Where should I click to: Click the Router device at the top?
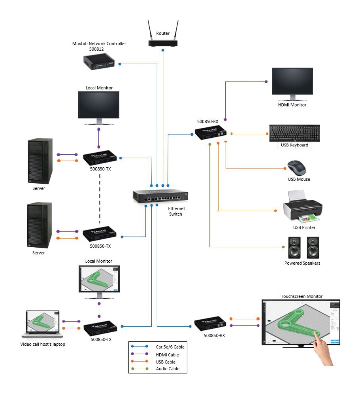pyautogui.click(x=162, y=42)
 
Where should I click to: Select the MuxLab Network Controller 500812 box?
pyautogui.click(x=99, y=63)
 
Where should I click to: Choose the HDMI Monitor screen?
pyautogui.click(x=292, y=81)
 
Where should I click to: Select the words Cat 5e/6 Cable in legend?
pyautogui.click(x=170, y=347)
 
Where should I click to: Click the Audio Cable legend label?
pyautogui.click(x=168, y=369)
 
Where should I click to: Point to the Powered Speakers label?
pyautogui.click(x=302, y=263)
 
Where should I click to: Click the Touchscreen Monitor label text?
pyautogui.click(x=302, y=296)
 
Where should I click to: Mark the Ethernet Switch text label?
pyautogui.click(x=176, y=211)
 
